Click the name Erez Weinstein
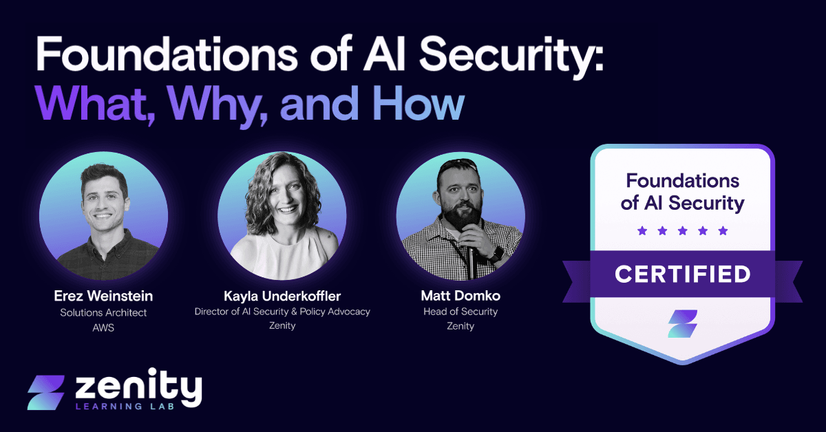103,296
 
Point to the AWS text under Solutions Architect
103,328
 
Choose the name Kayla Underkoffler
282,296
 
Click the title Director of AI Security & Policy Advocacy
282,312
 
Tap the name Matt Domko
460,296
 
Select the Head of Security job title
460,312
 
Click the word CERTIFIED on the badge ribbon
682,274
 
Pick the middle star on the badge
682,230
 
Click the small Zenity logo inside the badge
682,323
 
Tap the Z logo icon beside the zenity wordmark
46,393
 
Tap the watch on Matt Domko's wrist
497,253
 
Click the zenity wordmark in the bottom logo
138,389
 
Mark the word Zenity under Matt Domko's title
460,326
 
